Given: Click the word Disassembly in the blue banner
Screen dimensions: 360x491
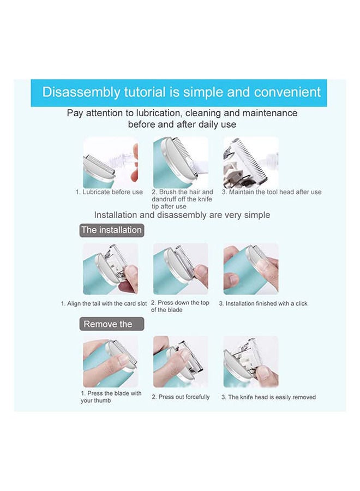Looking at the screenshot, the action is click(81, 92).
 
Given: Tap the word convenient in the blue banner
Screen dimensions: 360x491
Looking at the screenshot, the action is click(287, 92).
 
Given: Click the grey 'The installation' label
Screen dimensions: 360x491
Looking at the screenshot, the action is click(112, 230).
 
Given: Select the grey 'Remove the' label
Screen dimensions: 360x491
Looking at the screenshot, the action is click(112, 324).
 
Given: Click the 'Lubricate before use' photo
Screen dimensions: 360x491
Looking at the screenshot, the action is click(111, 162).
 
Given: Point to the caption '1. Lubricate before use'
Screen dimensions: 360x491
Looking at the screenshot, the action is click(109, 192).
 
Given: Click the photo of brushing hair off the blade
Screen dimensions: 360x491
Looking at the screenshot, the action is click(181, 162).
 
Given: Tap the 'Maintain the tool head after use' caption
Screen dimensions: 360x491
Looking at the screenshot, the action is click(272, 192).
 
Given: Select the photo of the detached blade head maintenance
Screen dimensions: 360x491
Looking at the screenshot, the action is click(251, 162).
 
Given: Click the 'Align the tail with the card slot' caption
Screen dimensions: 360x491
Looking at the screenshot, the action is click(104, 303).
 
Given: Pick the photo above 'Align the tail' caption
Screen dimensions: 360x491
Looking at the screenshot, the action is click(111, 268).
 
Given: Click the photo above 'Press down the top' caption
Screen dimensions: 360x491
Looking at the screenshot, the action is click(181, 268).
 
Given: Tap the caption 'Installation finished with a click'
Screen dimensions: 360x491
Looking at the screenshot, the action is click(263, 303).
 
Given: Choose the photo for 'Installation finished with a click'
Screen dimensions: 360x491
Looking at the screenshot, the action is click(251, 268).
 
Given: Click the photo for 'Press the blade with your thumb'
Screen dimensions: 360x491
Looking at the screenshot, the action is click(111, 362).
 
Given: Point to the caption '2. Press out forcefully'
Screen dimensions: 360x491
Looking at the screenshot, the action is click(181, 397).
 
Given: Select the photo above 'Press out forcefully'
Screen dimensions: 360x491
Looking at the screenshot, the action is click(181, 362).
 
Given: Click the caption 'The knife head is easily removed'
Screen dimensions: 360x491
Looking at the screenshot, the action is click(268, 397).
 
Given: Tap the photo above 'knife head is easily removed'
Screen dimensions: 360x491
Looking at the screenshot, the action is click(251, 362).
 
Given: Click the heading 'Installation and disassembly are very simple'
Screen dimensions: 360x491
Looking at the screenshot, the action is click(182, 215).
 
